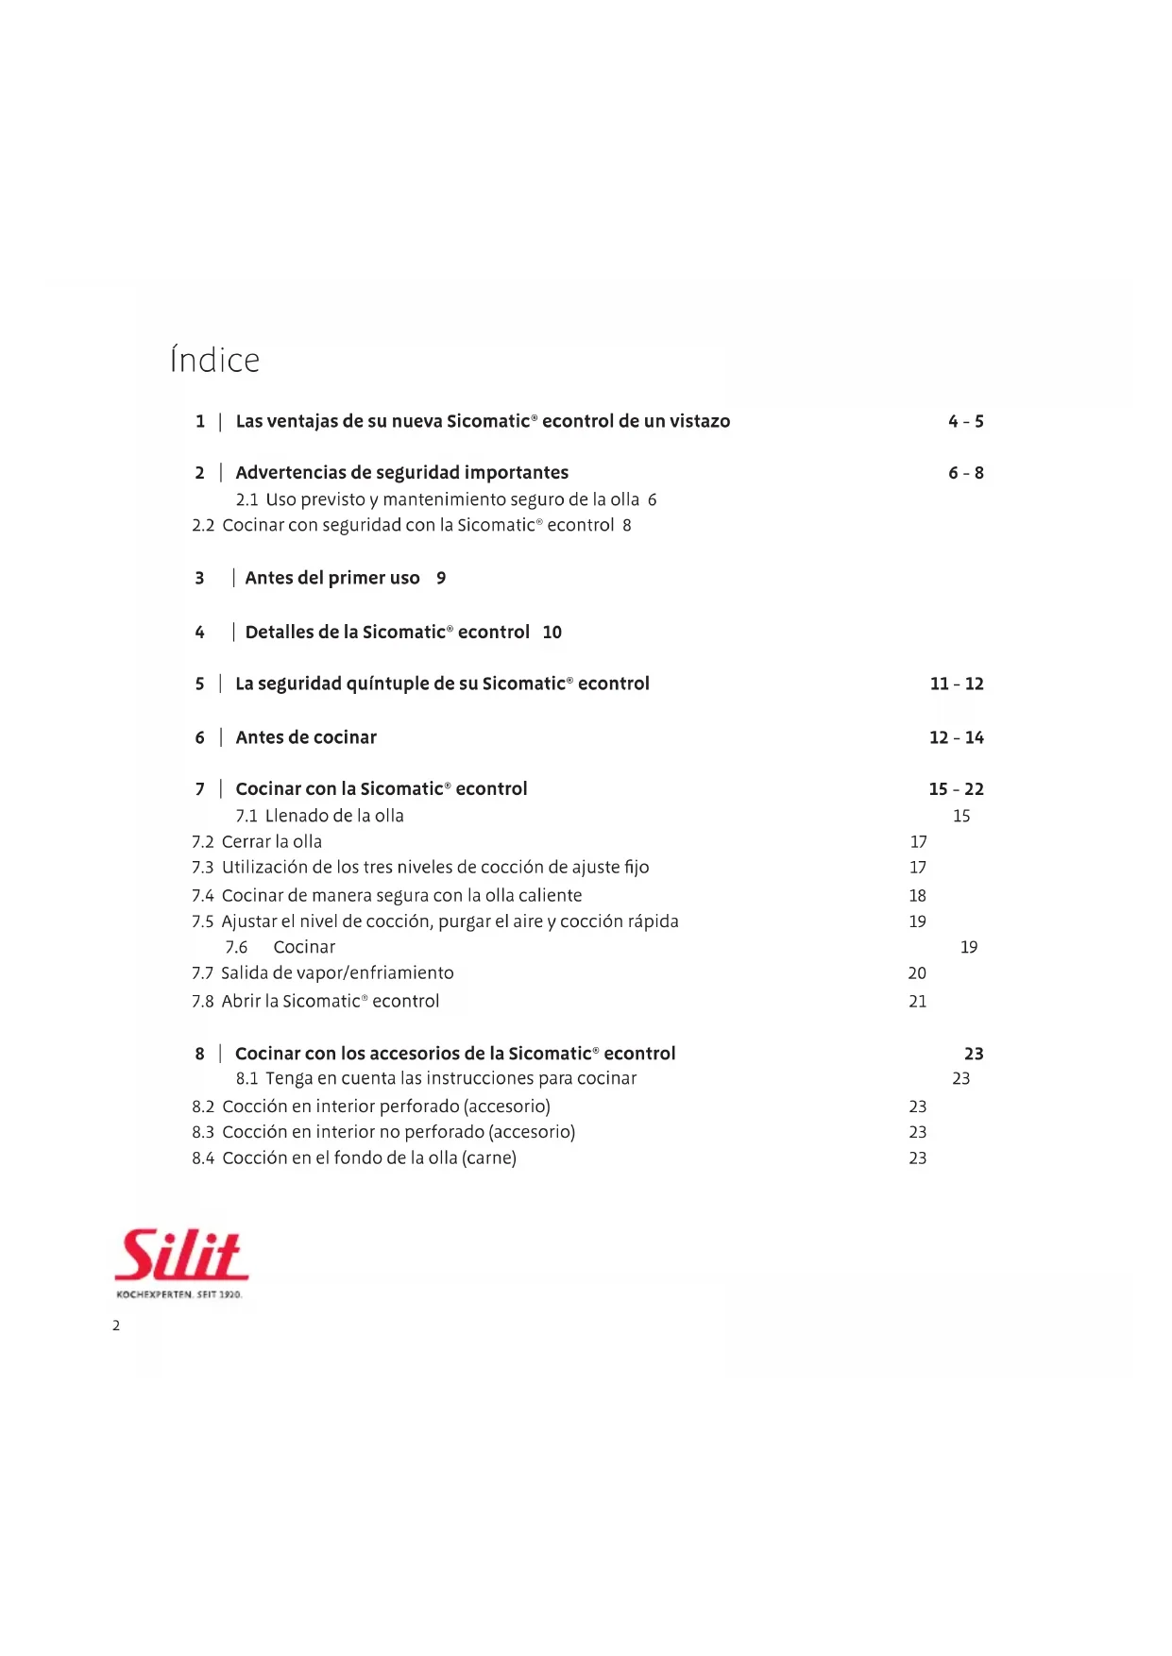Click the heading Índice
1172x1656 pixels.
214,360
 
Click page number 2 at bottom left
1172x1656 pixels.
116,1326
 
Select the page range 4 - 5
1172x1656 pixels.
965,421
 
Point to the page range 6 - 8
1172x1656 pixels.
965,473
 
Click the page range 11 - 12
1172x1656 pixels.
956,684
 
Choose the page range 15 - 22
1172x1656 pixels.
956,789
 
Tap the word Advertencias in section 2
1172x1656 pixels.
291,472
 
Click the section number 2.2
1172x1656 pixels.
203,525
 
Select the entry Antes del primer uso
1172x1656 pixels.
332,578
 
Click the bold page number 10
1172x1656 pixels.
552,633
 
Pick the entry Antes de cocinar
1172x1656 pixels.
306,737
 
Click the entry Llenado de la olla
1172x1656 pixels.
334,816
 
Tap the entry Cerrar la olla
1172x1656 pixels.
272,841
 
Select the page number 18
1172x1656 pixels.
918,895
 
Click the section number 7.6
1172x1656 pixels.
236,947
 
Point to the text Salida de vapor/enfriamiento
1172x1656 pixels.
337,972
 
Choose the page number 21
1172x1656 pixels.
918,1001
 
